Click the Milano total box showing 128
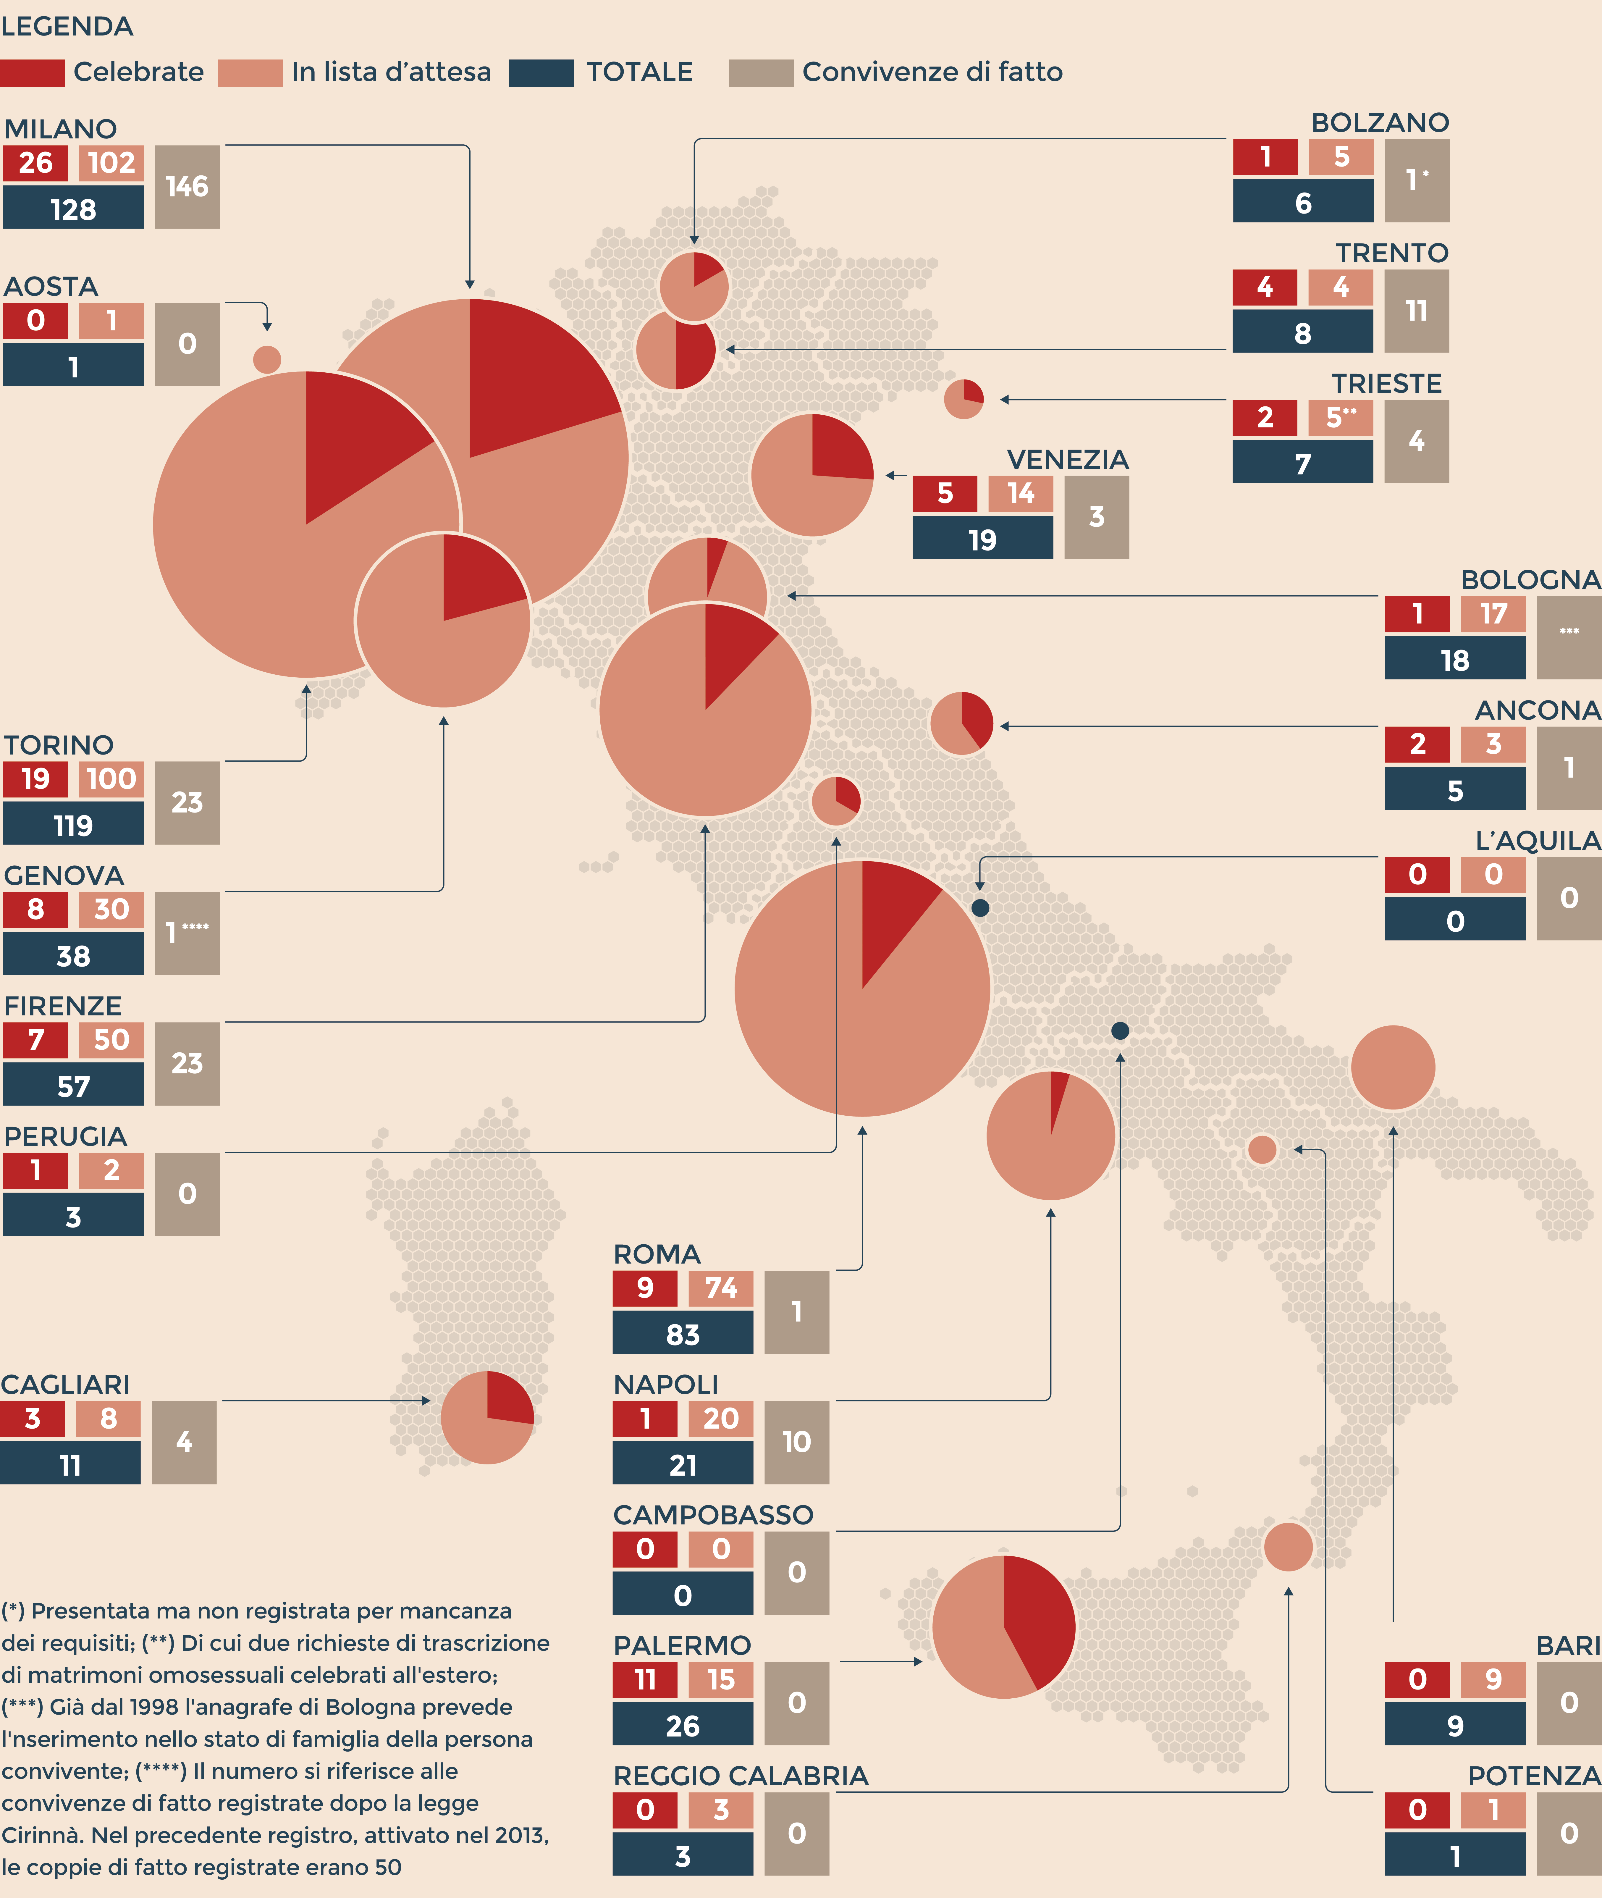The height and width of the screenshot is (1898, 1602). [73, 209]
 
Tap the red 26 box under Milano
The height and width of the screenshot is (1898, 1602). [35, 163]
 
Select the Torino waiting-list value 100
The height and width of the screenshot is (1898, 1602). [111, 778]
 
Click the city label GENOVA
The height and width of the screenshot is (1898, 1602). [64, 875]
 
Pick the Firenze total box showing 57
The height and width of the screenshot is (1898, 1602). [73, 1086]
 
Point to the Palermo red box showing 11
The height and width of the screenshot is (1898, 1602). [645, 1679]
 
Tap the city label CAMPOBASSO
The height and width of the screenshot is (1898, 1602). [713, 1515]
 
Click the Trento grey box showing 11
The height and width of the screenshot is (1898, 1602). [1416, 311]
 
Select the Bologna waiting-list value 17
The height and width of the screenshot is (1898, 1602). [1493, 614]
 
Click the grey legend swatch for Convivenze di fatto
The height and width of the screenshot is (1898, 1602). [761, 73]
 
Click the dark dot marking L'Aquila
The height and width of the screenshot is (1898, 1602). [980, 907]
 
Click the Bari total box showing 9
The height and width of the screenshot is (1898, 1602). [1455, 1726]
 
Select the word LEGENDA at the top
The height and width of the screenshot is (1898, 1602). [67, 26]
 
